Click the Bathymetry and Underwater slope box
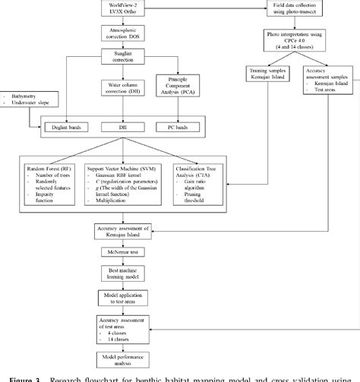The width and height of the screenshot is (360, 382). tap(24, 103)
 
